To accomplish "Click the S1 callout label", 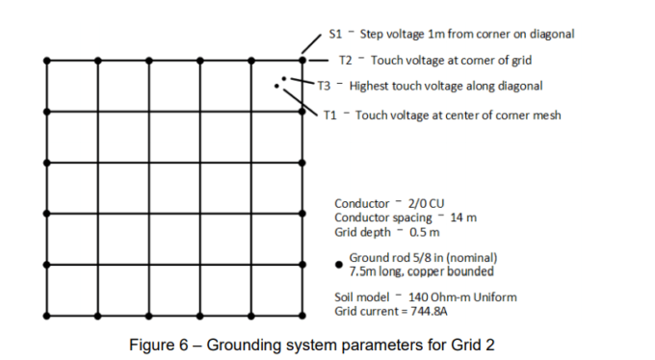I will point(336,34).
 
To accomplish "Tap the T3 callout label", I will point(324,86).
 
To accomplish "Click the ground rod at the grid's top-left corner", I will point(47,61).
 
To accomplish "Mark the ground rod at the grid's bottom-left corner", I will point(47,315).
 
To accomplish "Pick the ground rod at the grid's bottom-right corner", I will point(302,315).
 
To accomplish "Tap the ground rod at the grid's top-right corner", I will point(302,61).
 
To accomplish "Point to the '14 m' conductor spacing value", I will point(464,218).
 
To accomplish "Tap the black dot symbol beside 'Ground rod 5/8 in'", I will point(339,264).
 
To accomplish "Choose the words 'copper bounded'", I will point(452,271).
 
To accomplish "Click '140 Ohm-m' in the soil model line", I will point(437,297).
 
